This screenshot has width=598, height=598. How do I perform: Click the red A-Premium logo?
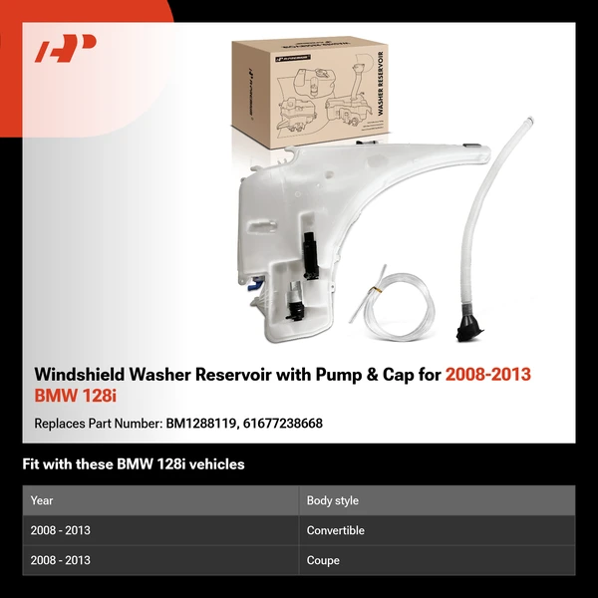pyautogui.click(x=65, y=49)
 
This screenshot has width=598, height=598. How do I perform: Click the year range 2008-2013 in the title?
pyautogui.click(x=487, y=374)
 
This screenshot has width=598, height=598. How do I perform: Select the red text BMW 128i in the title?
pyautogui.click(x=75, y=397)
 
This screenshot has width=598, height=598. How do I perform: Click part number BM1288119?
pyautogui.click(x=199, y=424)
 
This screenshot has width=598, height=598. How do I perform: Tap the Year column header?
pyautogui.click(x=42, y=500)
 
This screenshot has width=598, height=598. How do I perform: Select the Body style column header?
pyautogui.click(x=333, y=500)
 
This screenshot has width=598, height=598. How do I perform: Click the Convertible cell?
pyautogui.click(x=336, y=530)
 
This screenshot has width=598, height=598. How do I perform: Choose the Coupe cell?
pyautogui.click(x=323, y=560)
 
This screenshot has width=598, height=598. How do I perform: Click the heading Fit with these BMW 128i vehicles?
pyautogui.click(x=134, y=464)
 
